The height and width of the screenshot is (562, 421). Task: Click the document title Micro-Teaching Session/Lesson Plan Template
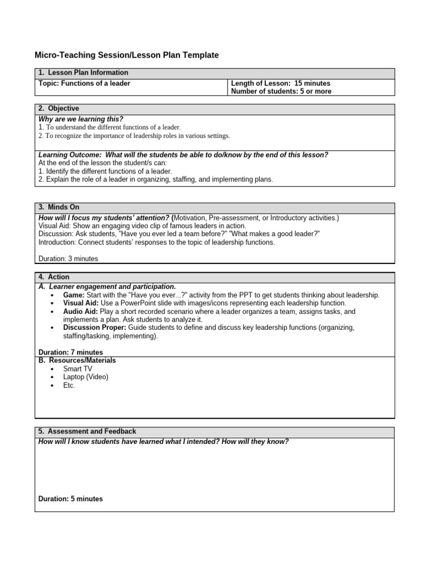127,55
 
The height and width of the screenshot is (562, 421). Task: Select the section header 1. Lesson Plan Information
83,72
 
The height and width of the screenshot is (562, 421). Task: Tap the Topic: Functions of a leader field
84,83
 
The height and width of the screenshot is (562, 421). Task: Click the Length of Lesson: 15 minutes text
281,83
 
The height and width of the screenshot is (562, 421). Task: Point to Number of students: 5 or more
281,92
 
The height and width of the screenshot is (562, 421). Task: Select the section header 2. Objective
59,109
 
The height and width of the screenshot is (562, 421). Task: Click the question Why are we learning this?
81,119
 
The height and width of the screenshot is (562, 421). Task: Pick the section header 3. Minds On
59,207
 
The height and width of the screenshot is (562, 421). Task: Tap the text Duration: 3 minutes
69,258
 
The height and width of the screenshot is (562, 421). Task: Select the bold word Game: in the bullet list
74,295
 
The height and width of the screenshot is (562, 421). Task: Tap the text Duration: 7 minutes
71,352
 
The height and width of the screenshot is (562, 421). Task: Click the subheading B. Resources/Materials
77,361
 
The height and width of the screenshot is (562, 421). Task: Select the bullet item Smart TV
77,369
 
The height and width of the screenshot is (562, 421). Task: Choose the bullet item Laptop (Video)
86,377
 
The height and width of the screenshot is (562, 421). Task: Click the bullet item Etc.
69,385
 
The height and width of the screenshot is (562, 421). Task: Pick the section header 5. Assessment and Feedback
87,431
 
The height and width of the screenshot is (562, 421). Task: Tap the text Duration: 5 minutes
71,499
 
